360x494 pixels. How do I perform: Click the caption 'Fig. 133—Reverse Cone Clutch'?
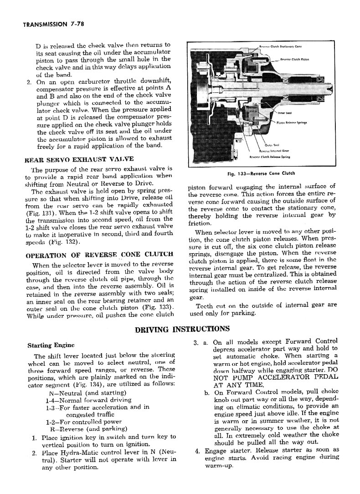[261, 173]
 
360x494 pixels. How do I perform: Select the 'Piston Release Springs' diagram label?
[292, 122]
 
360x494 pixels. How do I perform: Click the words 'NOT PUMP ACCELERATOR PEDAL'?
[275, 377]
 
